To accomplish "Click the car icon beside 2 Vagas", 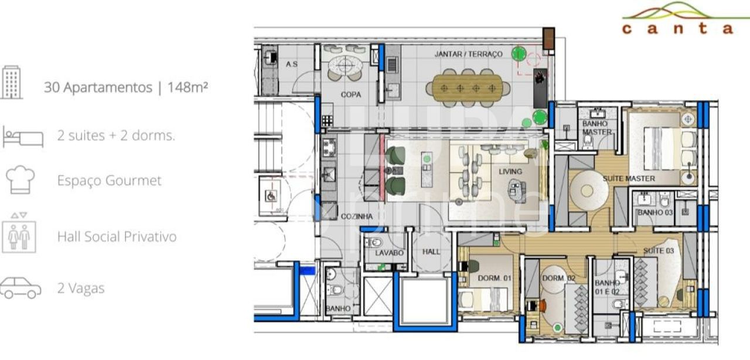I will click(x=21, y=288).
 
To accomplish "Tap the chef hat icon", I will click(x=20, y=179).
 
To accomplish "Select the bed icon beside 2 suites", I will click(x=23, y=136).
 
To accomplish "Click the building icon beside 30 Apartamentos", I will click(x=12, y=82).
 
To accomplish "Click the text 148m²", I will click(x=188, y=87).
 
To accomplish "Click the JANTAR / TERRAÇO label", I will click(x=468, y=54).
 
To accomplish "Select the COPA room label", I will click(x=350, y=94).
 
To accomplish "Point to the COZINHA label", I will click(x=356, y=216).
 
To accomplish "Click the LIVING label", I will click(x=510, y=172).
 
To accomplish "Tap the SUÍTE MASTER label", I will click(x=629, y=178).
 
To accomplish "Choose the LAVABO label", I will click(x=389, y=253).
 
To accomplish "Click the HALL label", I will click(x=431, y=252).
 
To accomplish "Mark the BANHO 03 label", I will click(x=654, y=212).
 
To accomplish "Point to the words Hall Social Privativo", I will click(x=117, y=237).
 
